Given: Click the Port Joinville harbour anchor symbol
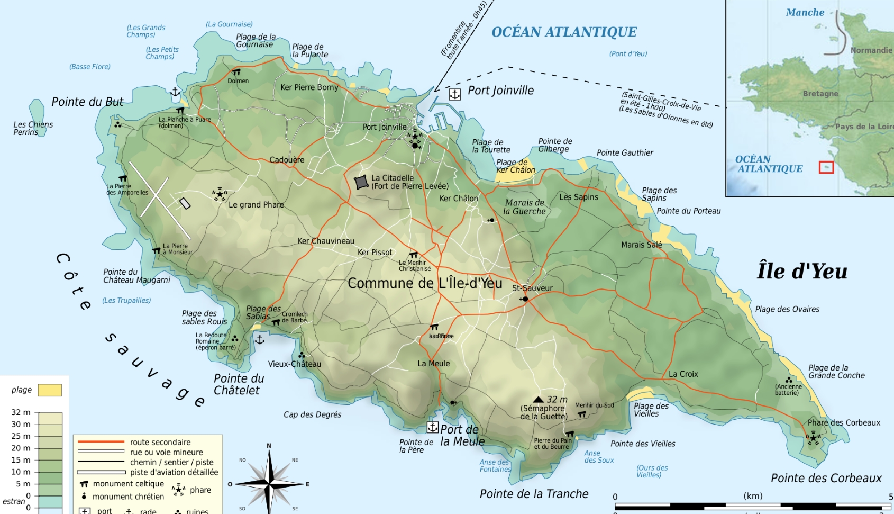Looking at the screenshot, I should [x=454, y=94].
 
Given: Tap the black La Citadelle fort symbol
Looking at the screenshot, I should [x=361, y=182].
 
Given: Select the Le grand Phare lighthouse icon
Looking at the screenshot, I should [x=220, y=194].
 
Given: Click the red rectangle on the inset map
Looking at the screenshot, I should [x=826, y=167].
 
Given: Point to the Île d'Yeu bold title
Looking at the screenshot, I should [x=802, y=271].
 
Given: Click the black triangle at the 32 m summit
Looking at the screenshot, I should [x=538, y=400].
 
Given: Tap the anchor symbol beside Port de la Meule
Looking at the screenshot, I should [x=433, y=427].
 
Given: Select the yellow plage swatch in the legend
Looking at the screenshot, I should [x=50, y=390].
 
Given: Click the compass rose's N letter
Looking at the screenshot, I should [x=269, y=446].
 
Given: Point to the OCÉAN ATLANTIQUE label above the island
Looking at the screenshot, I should [x=564, y=32].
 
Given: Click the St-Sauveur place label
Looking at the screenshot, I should [x=532, y=288].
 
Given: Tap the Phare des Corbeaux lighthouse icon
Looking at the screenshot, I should [x=813, y=438].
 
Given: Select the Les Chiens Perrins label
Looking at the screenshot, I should [x=33, y=128].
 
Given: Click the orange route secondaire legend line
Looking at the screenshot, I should [x=101, y=441].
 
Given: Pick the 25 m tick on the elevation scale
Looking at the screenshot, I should [x=21, y=436].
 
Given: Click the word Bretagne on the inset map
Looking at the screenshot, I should [x=820, y=94].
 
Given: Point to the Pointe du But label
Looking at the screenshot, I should [x=87, y=102].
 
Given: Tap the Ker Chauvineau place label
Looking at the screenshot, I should [x=326, y=241].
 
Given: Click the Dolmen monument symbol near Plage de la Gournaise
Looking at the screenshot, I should [x=236, y=72].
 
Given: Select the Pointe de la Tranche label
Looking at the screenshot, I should [x=534, y=494].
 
